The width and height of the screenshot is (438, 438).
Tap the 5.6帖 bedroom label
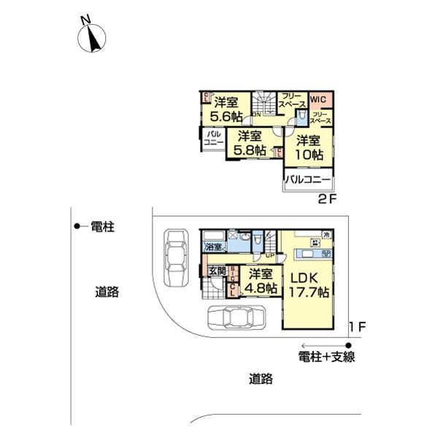226,109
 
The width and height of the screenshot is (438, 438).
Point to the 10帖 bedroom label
309,147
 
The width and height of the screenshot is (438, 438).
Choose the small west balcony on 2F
213,139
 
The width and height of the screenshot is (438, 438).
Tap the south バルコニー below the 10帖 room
307,180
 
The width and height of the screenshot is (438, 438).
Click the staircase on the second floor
264,103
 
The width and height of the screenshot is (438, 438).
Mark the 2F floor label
326,199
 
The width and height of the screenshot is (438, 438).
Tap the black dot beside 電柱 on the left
77,227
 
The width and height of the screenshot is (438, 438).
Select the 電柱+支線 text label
327,357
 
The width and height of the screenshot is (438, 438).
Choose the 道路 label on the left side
108,292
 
